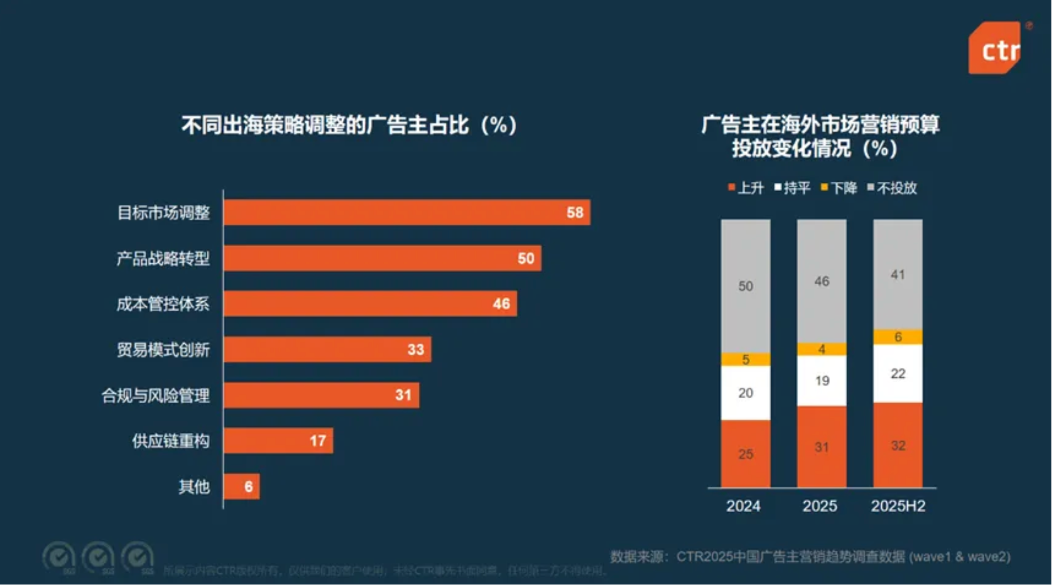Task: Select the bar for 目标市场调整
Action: coord(407,213)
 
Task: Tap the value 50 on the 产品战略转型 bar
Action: coord(526,258)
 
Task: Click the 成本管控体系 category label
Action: coord(163,304)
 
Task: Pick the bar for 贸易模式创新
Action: coord(327,350)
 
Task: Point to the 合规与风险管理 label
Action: coord(156,395)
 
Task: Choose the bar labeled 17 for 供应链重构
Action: coord(278,441)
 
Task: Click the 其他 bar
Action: coord(241,487)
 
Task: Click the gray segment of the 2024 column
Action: coord(745,286)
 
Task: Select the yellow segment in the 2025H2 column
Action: coord(897,337)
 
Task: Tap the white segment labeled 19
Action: coord(821,381)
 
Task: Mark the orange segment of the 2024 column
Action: coord(745,454)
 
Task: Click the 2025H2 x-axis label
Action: coord(897,506)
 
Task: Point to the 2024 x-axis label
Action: coord(743,506)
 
